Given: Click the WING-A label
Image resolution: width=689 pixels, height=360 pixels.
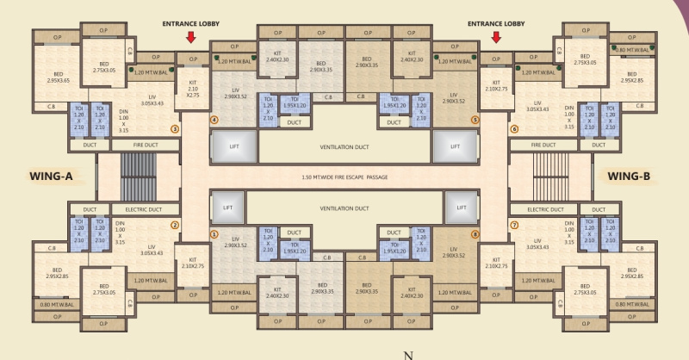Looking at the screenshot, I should pos(51,177).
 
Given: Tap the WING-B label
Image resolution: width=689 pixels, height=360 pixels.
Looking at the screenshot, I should pos(634,177).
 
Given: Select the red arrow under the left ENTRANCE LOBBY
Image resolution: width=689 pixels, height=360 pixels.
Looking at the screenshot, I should pos(191,37).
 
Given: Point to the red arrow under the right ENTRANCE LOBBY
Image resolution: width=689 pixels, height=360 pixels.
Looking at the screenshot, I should pos(496,37).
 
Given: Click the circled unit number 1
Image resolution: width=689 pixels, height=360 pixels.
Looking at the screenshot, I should pos(214,233).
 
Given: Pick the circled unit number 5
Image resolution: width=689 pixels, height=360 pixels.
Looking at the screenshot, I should pos(475,120).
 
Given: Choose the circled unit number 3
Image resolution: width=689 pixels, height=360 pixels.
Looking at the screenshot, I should pos(175,130).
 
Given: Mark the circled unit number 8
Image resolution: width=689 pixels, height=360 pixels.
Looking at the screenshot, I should pos(475,233).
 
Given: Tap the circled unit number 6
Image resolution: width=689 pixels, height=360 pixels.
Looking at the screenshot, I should pos(514,130).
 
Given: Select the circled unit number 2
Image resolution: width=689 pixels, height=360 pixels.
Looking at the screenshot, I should pos(175,226).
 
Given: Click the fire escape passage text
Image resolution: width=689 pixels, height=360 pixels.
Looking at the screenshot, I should pos(344,177).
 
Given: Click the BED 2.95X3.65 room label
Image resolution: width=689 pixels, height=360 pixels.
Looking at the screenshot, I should pos(59,77).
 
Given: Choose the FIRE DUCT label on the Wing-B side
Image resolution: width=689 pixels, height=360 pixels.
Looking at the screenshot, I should pos(549,145).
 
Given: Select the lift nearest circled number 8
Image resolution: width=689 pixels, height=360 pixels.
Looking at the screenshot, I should pos(456,208).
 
